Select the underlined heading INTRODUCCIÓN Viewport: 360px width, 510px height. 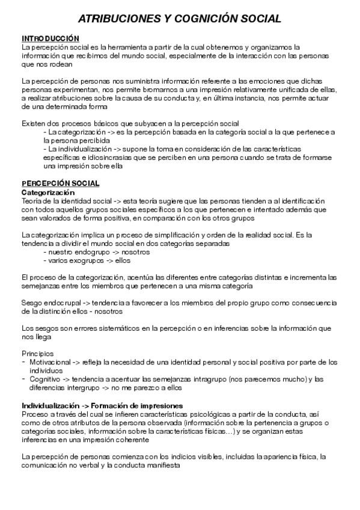tap(50, 38)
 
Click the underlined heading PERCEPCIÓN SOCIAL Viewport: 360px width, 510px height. tap(61, 183)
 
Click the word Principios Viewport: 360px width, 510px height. tap(37, 354)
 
